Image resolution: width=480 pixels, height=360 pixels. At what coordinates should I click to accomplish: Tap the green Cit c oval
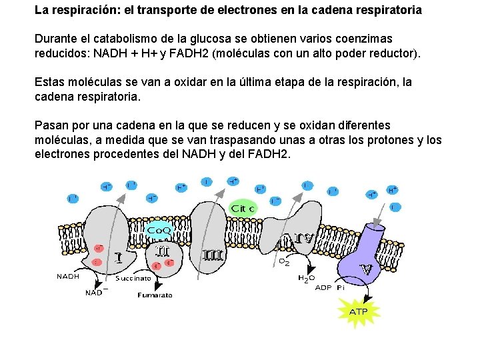pos(243,208)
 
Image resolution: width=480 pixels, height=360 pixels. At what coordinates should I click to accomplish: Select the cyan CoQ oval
pos(159,231)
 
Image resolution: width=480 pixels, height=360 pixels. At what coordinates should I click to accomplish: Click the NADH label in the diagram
pos(68,276)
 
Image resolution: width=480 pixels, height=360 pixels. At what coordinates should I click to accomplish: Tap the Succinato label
pos(133,278)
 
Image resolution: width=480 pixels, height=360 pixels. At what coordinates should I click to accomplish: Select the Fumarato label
pos(155,295)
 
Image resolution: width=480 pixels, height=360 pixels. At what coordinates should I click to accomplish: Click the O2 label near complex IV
pos(283,262)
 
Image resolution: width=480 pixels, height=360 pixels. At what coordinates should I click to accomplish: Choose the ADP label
pos(323,288)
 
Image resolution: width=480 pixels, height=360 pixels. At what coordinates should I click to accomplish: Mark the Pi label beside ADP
pos(340,288)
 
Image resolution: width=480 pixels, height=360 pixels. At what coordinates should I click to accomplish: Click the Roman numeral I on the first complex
pos(117,257)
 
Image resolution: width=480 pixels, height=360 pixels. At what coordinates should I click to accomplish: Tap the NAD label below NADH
pos(94,292)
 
